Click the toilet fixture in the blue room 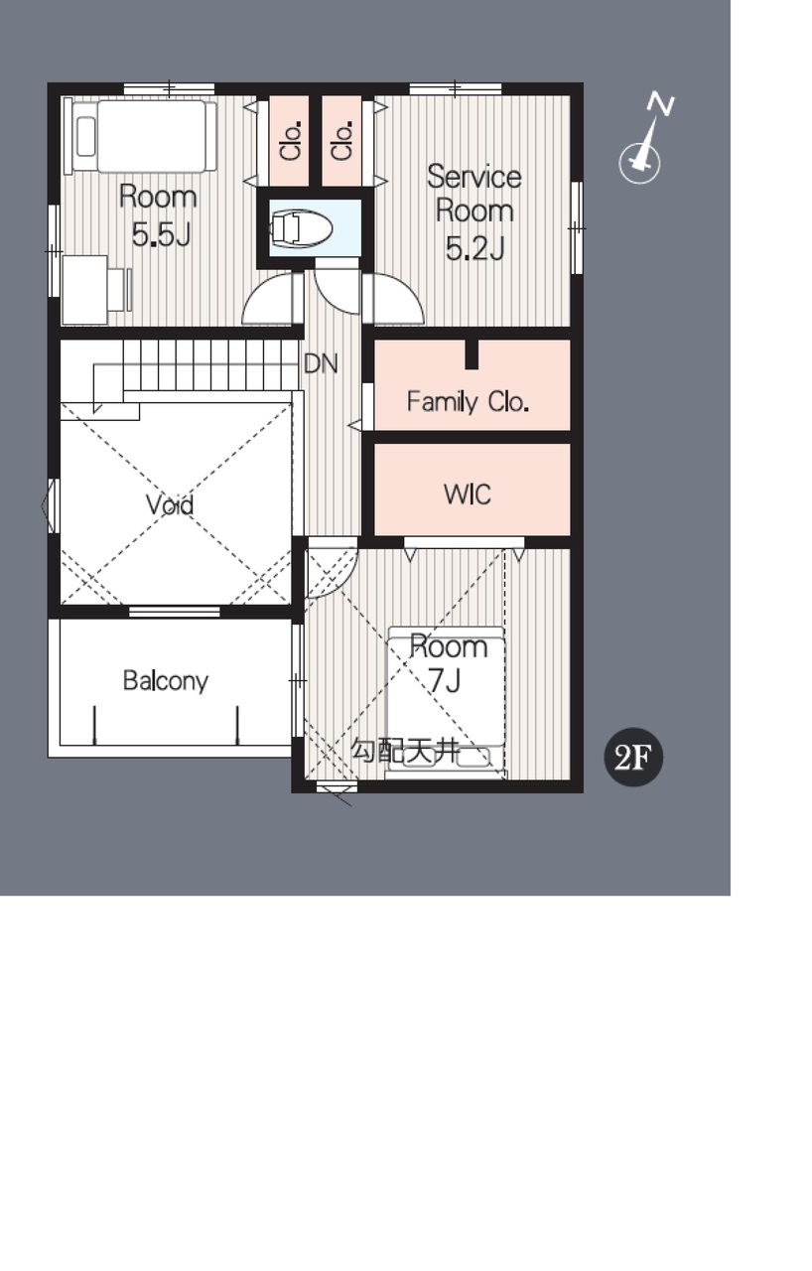pos(300,228)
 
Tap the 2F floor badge pos(632,757)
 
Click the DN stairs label pos(321,363)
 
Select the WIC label pos(468,494)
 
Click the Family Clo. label pos(468,402)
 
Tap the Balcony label pos(166,681)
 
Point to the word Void pos(170,505)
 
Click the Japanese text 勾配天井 pos(404,751)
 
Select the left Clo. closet pos(289,141)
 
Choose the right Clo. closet pos(341,141)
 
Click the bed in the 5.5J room pos(145,136)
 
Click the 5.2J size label pos(474,248)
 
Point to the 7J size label pos(444,681)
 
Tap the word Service pos(474,177)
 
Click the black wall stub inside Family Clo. pos(472,354)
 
